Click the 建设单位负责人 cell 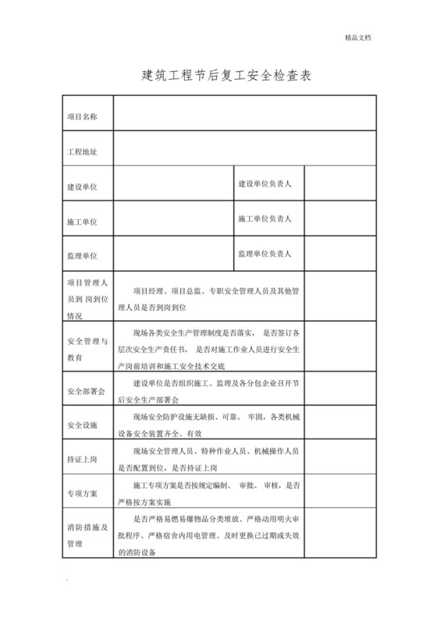point(265,183)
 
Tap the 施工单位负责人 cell point(265,219)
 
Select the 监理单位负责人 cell point(265,254)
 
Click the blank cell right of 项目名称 point(245,113)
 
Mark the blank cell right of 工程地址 point(245,148)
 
